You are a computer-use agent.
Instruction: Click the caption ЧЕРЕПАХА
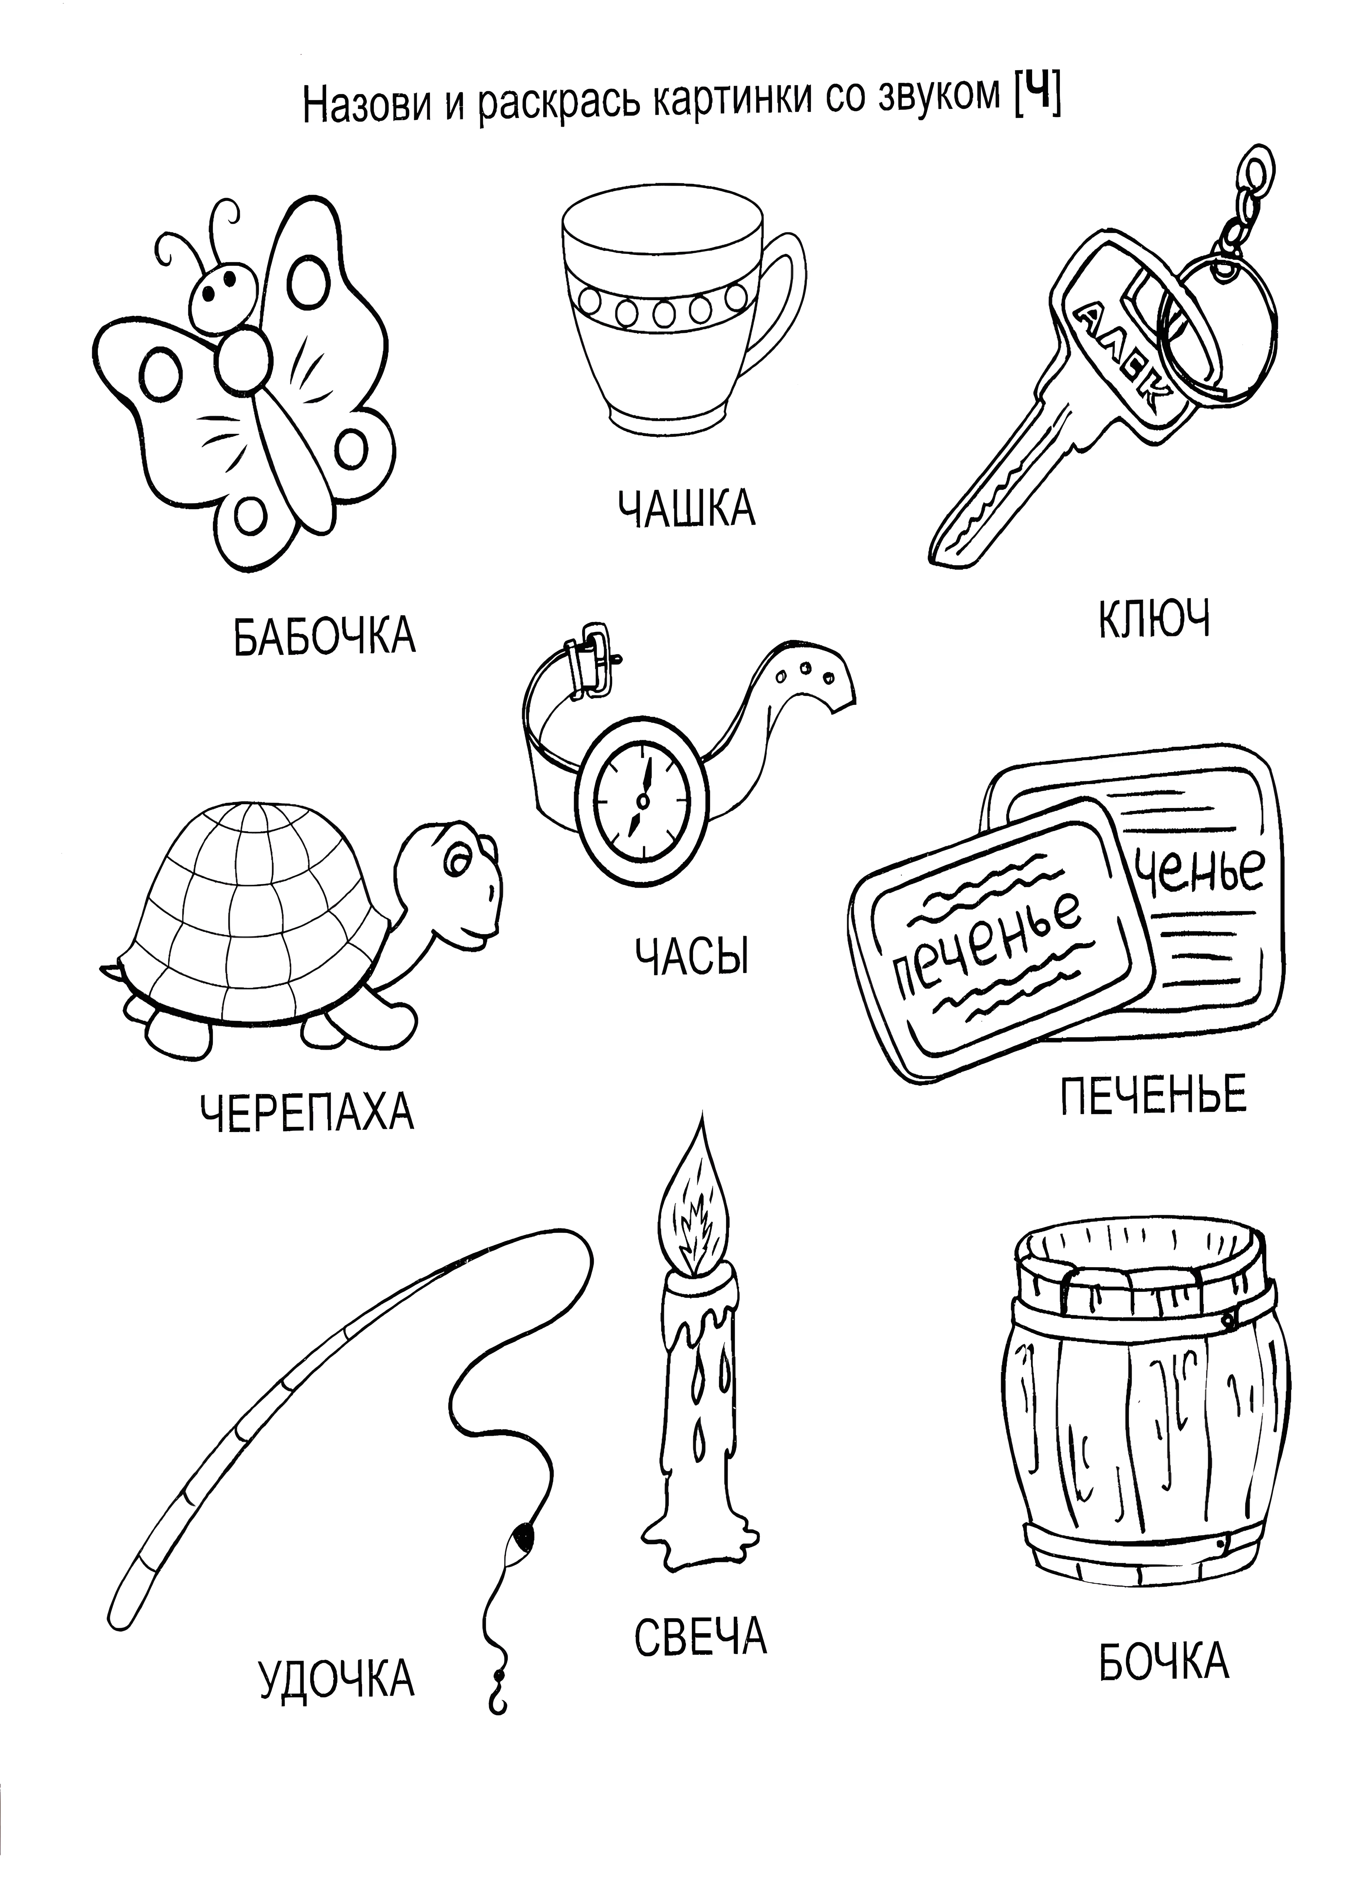click(307, 1112)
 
